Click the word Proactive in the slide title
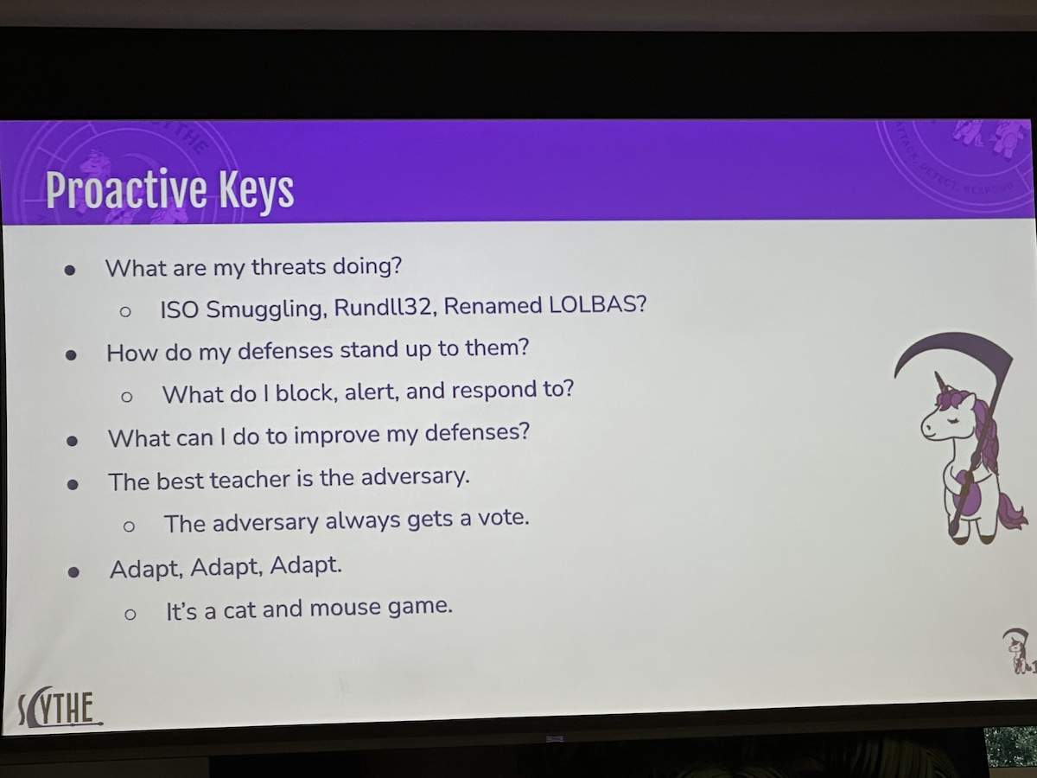pos(126,189)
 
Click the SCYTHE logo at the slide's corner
pos(59,706)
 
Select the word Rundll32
pos(383,307)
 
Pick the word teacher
pos(250,480)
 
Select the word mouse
pos(346,608)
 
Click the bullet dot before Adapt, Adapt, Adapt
pos(73,572)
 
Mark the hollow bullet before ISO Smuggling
pos(125,311)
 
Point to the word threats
pos(289,267)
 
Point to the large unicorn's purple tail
pos(1011,512)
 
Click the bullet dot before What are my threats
pos(70,271)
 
